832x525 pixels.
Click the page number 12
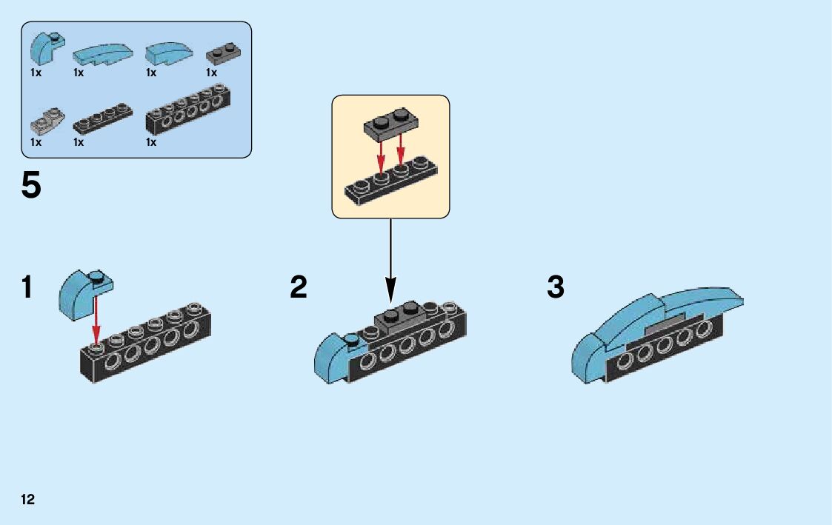28,499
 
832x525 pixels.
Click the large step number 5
31,186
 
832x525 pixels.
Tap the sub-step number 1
27,287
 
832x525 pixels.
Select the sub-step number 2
299,287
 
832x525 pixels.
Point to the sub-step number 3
556,287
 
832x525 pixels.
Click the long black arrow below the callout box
390,259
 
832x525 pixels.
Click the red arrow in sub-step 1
96,318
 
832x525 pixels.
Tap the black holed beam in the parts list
188,111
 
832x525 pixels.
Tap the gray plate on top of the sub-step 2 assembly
401,319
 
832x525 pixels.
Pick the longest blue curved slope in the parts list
101,53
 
